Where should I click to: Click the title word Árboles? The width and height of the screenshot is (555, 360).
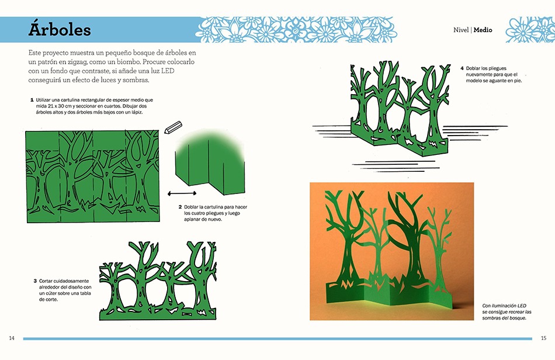pyautogui.click(x=60, y=29)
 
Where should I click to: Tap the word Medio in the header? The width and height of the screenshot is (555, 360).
pyautogui.click(x=483, y=30)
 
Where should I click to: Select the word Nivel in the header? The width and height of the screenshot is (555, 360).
pyautogui.click(x=461, y=30)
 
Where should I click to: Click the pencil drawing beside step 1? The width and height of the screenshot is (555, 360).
pyautogui.click(x=173, y=127)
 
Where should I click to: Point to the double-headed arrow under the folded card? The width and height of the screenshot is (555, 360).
pyautogui.click(x=182, y=193)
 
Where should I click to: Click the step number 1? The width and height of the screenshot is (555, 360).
pyautogui.click(x=32, y=100)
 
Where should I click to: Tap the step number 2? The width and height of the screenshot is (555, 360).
pyautogui.click(x=180, y=207)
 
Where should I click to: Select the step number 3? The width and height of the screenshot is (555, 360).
pyautogui.click(x=35, y=281)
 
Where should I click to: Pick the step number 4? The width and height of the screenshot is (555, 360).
pyautogui.click(x=462, y=68)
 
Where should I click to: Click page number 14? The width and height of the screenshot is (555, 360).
pyautogui.click(x=12, y=338)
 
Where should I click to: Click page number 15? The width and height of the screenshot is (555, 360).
pyautogui.click(x=544, y=338)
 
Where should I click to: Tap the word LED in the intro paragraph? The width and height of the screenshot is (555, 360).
pyautogui.click(x=168, y=71)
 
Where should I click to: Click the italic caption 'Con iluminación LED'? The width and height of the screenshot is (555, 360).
pyautogui.click(x=504, y=306)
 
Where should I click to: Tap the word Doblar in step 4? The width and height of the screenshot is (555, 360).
pyautogui.click(x=473, y=68)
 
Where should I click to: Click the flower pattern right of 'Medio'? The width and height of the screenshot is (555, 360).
pyautogui.click(x=530, y=30)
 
